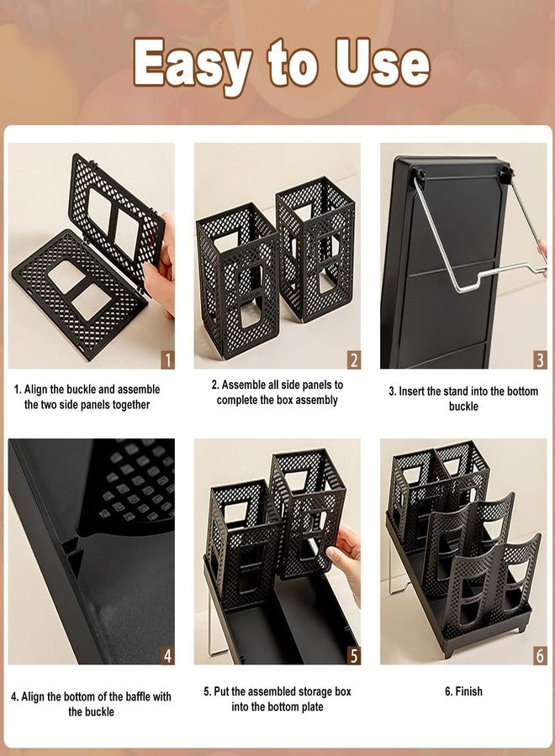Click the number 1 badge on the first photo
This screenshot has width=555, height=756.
[167, 360]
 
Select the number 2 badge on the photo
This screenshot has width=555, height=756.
[354, 360]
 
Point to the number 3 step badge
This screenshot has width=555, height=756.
[540, 360]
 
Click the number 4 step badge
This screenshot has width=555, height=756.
[167, 656]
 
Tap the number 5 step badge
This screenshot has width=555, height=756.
[354, 656]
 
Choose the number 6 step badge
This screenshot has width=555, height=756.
[540, 656]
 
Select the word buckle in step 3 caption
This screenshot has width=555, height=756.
[463, 407]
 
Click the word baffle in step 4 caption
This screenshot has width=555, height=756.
[138, 696]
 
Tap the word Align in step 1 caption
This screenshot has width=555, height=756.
[35, 390]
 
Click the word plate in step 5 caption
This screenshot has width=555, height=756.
[311, 707]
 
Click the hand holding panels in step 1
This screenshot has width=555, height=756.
[161, 268]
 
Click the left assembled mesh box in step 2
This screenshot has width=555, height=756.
[236, 280]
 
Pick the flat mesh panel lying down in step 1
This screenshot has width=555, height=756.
[79, 293]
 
